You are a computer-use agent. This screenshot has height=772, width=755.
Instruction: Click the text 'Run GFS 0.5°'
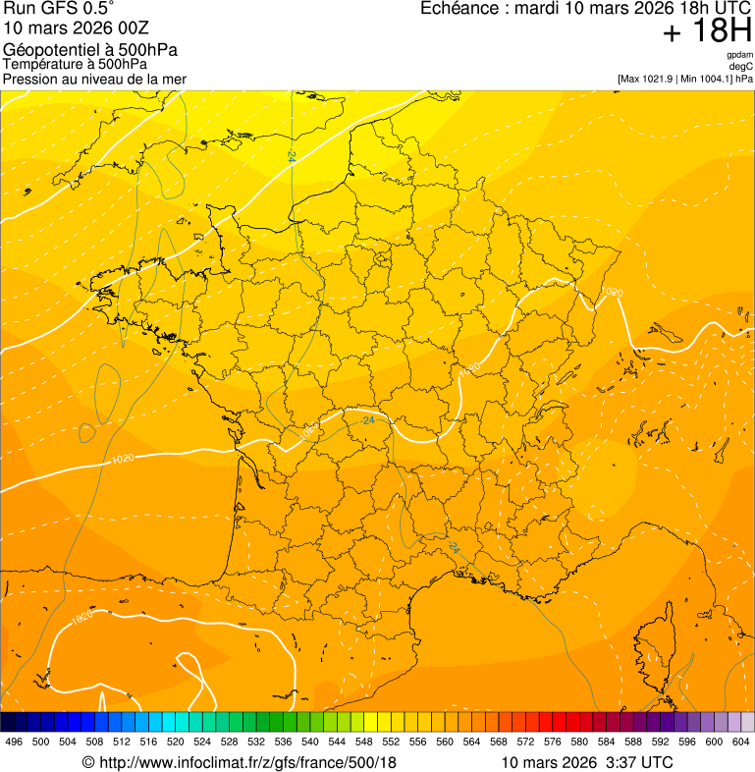point(51,9)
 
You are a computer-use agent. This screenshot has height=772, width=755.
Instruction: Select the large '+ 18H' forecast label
point(707,31)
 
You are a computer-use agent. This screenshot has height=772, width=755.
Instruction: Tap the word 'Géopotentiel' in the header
point(46,50)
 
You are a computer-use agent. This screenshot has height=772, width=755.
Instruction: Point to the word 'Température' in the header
point(41,64)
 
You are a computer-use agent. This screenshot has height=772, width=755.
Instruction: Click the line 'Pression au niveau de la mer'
point(94,79)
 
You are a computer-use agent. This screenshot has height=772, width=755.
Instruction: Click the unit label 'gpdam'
point(739,55)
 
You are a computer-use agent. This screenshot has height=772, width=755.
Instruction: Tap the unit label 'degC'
point(740,67)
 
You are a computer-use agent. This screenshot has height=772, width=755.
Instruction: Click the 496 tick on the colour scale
point(14,742)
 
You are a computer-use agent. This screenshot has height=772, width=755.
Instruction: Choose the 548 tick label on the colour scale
point(364,742)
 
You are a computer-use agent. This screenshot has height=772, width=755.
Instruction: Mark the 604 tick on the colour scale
point(741,742)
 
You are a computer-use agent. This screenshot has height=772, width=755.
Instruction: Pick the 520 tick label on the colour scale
point(176,742)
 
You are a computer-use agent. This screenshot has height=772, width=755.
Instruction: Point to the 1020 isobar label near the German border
point(612,292)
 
